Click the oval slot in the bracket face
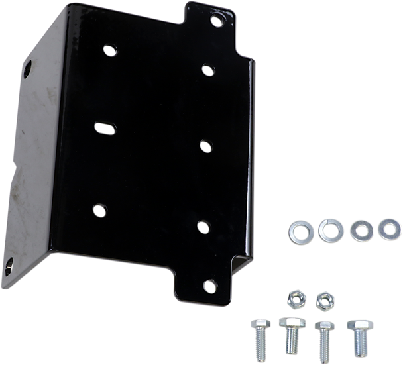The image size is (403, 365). click(104, 126)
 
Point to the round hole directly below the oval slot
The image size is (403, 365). click(99, 211)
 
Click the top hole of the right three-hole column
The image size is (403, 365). click(207, 68)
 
